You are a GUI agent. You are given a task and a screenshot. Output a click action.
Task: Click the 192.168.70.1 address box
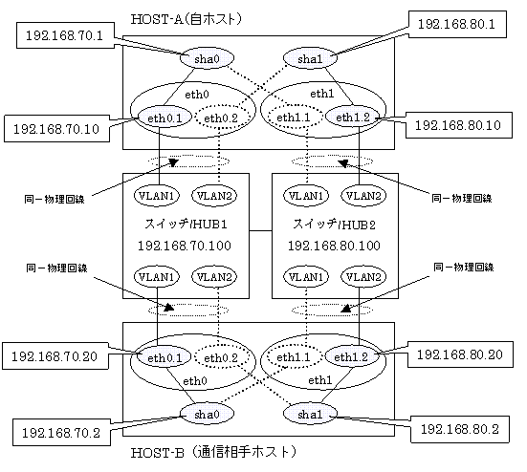tap(65, 35)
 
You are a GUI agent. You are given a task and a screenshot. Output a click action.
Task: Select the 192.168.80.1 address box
tap(457, 24)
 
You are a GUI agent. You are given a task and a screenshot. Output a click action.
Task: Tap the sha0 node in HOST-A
tap(207, 58)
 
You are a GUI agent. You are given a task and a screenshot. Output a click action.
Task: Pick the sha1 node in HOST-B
tap(310, 414)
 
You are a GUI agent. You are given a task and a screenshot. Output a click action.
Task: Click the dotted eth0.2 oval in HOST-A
tap(221, 118)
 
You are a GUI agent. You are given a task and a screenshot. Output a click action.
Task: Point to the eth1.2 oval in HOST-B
tap(351, 356)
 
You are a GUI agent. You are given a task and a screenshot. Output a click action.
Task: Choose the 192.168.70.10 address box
tap(56, 129)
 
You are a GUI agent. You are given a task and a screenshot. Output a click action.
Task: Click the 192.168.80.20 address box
tap(460, 354)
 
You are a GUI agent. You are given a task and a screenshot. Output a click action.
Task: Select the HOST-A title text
tap(187, 19)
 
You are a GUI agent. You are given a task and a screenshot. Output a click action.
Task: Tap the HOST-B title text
tap(213, 452)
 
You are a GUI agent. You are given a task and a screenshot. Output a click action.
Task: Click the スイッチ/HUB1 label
tap(186, 224)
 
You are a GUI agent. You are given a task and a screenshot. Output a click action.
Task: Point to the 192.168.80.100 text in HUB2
tap(334, 246)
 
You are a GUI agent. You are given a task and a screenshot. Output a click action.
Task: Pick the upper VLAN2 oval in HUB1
tap(214, 195)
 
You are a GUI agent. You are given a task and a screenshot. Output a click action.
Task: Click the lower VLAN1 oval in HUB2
tap(306, 277)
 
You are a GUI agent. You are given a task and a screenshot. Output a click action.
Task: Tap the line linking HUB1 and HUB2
tap(260, 231)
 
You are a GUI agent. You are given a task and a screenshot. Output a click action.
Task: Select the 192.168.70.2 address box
tap(61, 433)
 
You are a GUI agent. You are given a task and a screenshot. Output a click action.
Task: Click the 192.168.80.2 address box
tap(460, 429)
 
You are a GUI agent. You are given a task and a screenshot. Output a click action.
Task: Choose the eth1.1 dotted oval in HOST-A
tap(294, 118)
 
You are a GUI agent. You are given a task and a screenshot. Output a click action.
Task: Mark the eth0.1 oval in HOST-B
tap(165, 357)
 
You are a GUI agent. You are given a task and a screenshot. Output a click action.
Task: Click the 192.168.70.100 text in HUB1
tap(185, 246)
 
